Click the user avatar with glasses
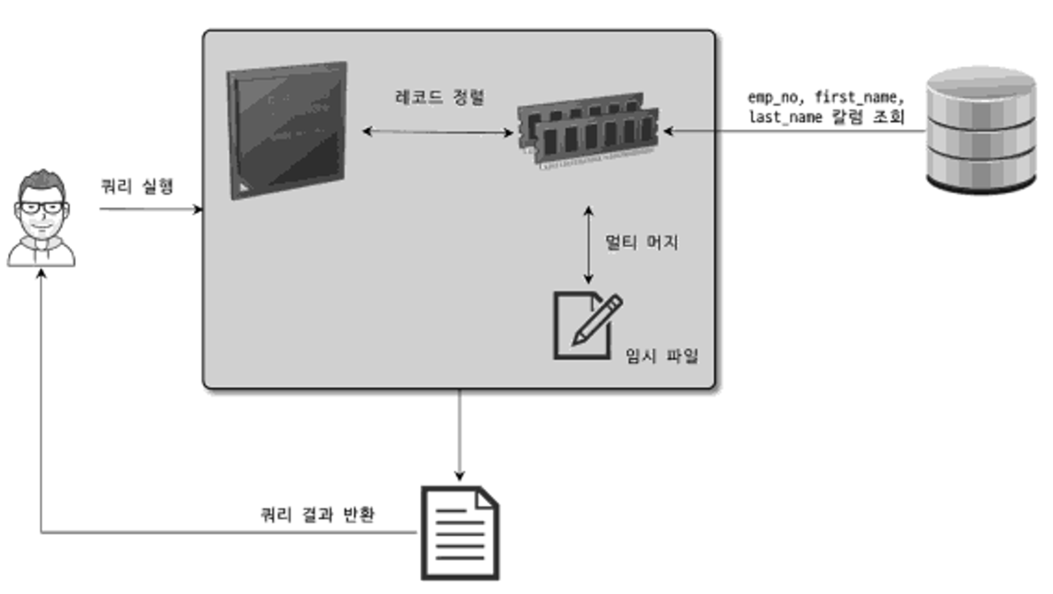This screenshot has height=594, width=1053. pyautogui.click(x=42, y=219)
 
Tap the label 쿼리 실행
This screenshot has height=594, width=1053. pyautogui.click(x=137, y=187)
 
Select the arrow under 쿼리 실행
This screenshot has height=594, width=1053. pyautogui.click(x=149, y=209)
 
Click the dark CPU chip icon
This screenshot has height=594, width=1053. pyautogui.click(x=287, y=130)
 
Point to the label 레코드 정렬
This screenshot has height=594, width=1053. pyautogui.click(x=439, y=97)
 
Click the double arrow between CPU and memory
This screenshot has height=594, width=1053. pyautogui.click(x=438, y=132)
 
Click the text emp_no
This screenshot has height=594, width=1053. pyautogui.click(x=773, y=97)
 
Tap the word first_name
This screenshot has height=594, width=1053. pyautogui.click(x=859, y=97)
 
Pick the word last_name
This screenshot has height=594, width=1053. pyautogui.click(x=785, y=117)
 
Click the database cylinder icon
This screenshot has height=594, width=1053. pyautogui.click(x=981, y=130)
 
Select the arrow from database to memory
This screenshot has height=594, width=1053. pyautogui.click(x=795, y=132)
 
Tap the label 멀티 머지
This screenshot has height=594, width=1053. pyautogui.click(x=641, y=242)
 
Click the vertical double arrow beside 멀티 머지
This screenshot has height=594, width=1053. pyautogui.click(x=588, y=245)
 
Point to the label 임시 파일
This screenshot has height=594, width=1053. pyautogui.click(x=662, y=356)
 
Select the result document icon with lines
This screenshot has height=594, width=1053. pyautogui.click(x=460, y=533)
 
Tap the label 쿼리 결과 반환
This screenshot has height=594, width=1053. pyautogui.click(x=317, y=515)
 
